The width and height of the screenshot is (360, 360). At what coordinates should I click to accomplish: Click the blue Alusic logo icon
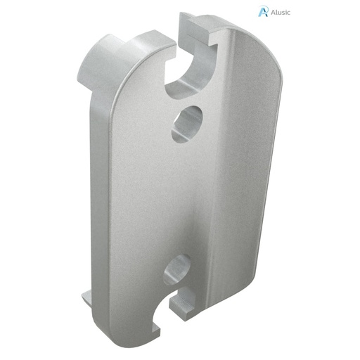coord(264,11)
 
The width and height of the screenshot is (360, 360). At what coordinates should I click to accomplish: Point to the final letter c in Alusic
coord(288,12)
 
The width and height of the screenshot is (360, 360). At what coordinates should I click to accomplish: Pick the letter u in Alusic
coord(278,12)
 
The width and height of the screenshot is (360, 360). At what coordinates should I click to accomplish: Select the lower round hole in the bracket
coord(176,269)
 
